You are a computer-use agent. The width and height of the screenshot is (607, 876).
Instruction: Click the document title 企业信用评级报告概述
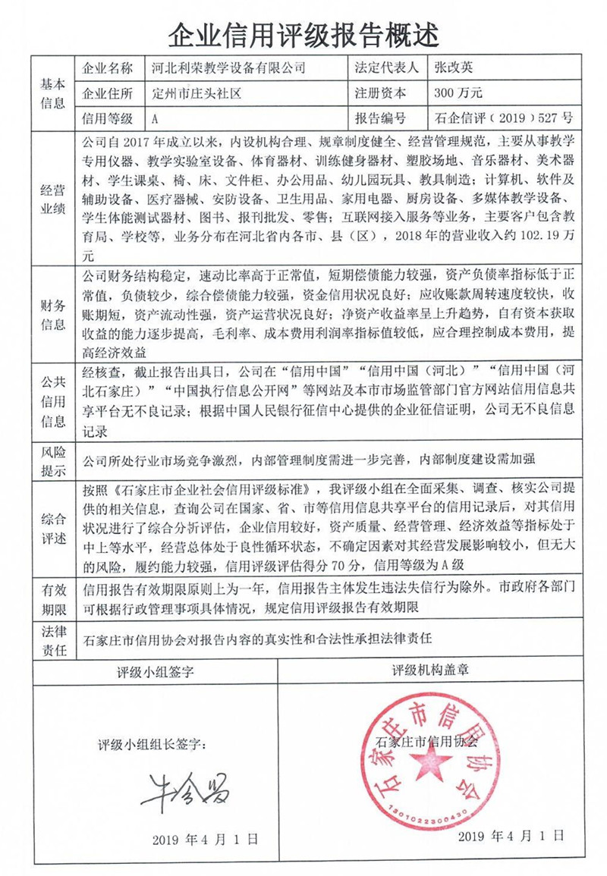pos(303,33)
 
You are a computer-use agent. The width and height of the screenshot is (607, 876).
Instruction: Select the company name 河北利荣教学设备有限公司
pos(223,68)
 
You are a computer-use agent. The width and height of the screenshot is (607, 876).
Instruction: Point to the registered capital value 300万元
pos(458,93)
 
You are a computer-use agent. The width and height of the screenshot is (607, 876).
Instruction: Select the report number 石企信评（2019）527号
pos(502,118)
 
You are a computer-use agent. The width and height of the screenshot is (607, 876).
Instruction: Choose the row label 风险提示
pos(52,460)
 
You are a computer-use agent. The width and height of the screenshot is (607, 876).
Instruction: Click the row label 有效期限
pos(52,599)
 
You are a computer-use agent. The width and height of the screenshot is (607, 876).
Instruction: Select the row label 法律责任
pos(52,639)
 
